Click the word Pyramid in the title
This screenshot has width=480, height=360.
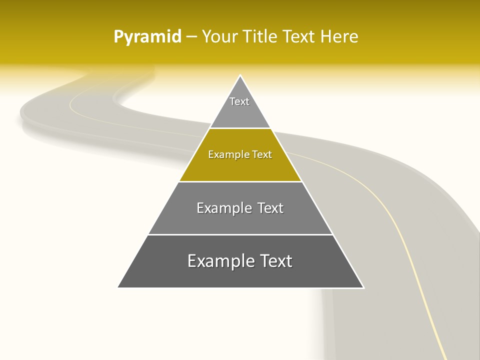[147, 37]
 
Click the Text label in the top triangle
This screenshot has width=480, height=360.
[239, 101]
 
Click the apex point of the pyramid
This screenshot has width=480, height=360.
[240, 76]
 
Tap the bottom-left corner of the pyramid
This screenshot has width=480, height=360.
[118, 287]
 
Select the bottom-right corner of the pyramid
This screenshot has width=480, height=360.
[363, 287]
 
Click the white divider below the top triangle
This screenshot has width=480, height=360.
[240, 128]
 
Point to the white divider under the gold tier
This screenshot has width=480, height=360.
[240, 181]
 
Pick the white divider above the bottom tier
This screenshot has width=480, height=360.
[240, 234]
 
